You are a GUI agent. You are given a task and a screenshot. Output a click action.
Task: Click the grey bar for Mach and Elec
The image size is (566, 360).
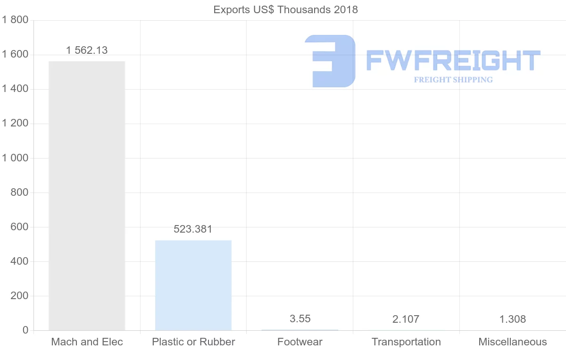click(87, 196)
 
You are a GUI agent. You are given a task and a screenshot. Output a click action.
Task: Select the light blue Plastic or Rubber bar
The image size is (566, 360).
click(193, 285)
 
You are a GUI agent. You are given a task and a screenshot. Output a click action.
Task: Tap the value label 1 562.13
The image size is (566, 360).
click(87, 50)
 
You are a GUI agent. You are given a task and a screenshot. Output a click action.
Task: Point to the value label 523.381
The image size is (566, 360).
click(193, 229)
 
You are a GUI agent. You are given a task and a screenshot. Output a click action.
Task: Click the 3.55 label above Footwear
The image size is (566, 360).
click(300, 319)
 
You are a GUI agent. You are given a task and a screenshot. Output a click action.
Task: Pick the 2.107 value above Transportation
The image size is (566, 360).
click(406, 319)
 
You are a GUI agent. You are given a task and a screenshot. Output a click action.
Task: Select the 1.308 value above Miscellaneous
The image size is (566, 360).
click(513, 319)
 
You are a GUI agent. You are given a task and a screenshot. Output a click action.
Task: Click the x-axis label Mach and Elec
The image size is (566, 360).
click(87, 342)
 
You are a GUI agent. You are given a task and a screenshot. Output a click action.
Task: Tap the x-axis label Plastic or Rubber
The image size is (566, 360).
click(193, 342)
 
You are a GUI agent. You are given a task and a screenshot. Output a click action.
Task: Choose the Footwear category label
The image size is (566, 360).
click(300, 342)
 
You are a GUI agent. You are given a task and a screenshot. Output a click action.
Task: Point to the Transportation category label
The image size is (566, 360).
click(406, 342)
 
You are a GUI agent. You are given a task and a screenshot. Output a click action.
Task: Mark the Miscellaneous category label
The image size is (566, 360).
click(513, 342)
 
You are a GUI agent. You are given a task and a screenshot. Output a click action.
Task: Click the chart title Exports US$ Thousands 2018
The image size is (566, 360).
click(286, 10)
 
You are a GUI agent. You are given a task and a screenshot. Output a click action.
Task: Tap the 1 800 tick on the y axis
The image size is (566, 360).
click(16, 20)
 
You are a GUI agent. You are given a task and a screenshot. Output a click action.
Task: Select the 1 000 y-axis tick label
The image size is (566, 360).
click(16, 158)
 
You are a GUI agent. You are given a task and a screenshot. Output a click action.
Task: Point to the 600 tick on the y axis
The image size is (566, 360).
click(19, 227)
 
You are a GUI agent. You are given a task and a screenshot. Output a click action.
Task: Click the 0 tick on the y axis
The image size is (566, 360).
click(25, 330)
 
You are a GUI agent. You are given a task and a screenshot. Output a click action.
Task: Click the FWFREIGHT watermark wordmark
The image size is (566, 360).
click(453, 61)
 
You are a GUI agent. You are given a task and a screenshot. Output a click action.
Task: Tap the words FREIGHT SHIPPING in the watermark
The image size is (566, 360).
click(453, 80)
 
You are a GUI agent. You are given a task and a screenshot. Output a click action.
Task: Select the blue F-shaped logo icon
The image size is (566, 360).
click(330, 61)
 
